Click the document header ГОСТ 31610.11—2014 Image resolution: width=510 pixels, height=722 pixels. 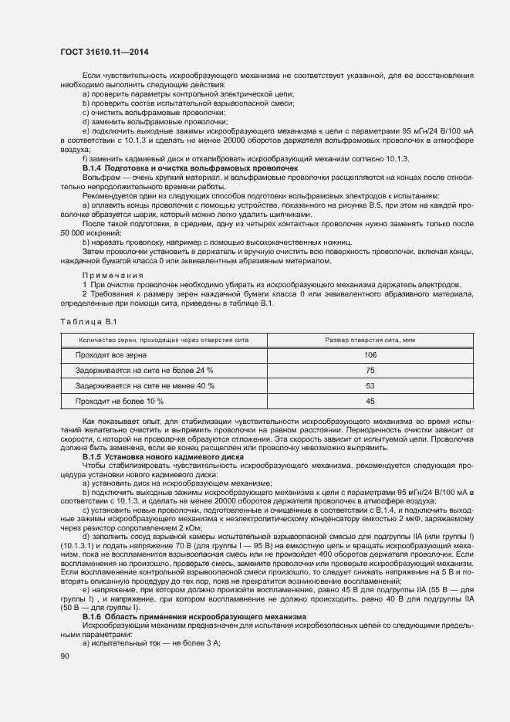(105, 53)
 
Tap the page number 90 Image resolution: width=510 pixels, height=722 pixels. (65, 656)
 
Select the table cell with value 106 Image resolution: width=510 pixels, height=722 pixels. (370, 354)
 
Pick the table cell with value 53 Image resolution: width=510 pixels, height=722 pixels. (370, 385)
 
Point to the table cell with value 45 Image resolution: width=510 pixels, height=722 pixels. (370, 401)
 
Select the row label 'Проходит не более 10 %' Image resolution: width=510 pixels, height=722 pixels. (120, 401)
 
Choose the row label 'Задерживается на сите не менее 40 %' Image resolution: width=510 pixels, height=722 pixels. (144, 385)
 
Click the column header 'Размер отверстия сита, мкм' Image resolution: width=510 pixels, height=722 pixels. (370, 339)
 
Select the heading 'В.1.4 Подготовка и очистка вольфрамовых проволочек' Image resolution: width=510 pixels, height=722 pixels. (178, 168)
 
